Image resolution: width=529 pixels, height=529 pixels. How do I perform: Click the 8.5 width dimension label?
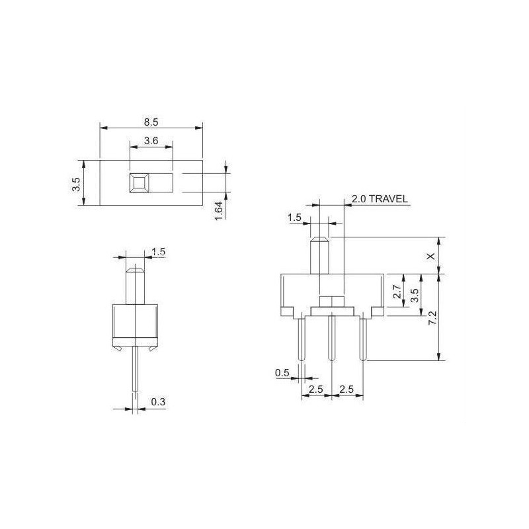coord(151,122)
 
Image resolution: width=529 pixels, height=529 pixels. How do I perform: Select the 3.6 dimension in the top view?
coord(151,140)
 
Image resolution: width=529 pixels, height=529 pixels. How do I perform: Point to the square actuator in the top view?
coord(140,183)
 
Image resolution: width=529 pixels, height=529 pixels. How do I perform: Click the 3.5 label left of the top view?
coord(76,184)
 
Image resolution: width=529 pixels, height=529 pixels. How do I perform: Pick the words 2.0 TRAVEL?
coord(379,198)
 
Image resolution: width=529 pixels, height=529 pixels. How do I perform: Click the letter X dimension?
coord(432,256)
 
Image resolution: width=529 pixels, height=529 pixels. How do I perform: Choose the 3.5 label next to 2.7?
coord(415,295)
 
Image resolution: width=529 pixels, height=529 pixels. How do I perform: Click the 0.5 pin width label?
coord(282,374)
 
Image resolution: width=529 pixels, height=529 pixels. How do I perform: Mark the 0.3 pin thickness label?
coord(158,401)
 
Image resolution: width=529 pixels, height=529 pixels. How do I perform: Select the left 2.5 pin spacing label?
coord(316,389)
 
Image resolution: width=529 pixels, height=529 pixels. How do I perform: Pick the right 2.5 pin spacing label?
coord(346,389)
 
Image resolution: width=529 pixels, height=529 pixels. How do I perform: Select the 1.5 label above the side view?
coord(159,251)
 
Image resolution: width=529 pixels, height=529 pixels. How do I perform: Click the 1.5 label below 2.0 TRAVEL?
coord(295,218)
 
